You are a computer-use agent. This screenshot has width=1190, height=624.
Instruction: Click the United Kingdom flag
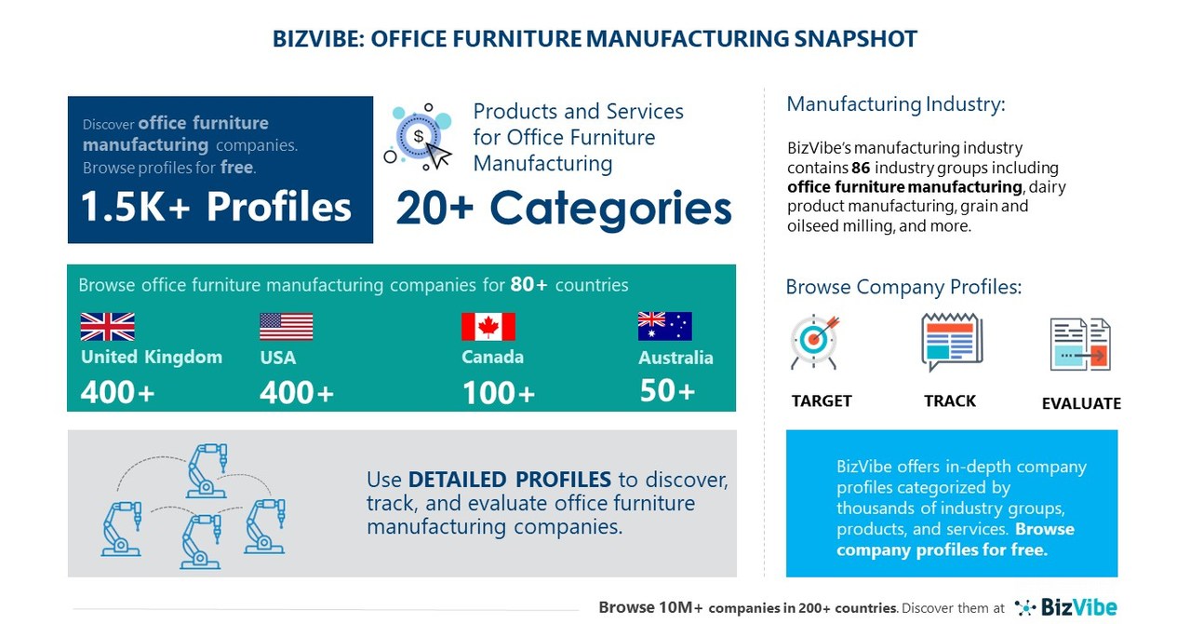[x=107, y=327]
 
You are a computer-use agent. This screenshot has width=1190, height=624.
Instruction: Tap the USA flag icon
[x=286, y=327]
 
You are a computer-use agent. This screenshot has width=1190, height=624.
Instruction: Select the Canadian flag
[x=488, y=327]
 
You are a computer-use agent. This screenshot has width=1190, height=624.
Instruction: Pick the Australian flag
[x=664, y=326]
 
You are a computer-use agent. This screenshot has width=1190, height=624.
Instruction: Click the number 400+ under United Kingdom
[x=117, y=393]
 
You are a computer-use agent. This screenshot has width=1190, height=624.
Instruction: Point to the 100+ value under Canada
[x=498, y=393]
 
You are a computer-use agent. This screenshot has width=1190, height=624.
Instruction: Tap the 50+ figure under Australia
[x=667, y=391]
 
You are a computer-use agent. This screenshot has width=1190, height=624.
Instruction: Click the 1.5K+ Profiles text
[x=217, y=207]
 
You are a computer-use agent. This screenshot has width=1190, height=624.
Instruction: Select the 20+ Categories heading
[x=564, y=207]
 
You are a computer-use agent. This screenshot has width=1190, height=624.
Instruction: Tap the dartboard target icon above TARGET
[x=814, y=342]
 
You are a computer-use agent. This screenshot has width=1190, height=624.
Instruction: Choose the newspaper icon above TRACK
[x=951, y=342]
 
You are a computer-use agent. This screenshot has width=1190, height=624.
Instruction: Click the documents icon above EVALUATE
[x=1080, y=345]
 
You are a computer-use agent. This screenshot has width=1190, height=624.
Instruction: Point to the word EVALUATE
[x=1080, y=403]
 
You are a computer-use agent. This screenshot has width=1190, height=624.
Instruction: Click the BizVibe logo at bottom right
[x=1065, y=607]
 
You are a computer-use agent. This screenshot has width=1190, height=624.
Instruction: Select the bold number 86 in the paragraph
[x=861, y=168]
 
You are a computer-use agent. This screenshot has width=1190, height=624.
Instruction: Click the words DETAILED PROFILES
[x=510, y=480]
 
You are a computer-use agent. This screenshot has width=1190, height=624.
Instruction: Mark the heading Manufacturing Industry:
[x=895, y=104]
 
